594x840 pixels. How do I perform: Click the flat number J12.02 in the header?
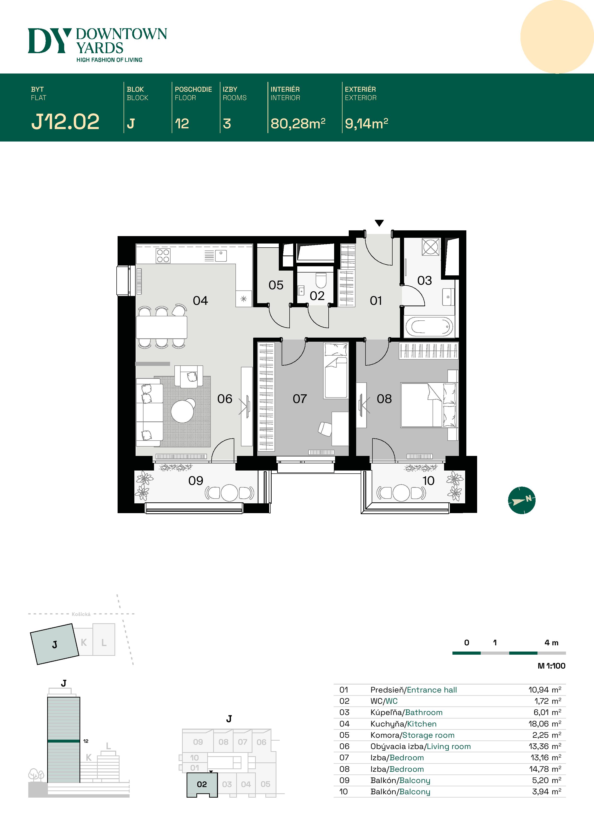click(x=65, y=122)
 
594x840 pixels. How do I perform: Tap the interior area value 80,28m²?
click(x=297, y=124)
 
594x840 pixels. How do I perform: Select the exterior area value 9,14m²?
click(x=366, y=124)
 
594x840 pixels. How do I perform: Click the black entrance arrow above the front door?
click(x=379, y=223)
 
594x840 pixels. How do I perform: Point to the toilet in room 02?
click(x=321, y=281)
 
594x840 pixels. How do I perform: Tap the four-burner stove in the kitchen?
click(x=163, y=256)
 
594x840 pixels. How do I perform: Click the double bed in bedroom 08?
click(x=428, y=405)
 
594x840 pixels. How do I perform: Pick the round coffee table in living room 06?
click(x=182, y=411)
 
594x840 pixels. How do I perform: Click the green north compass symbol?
click(x=521, y=500)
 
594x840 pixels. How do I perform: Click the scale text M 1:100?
click(x=551, y=666)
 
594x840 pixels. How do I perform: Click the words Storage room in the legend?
click(x=428, y=735)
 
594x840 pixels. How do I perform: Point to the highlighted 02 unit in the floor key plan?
click(x=202, y=784)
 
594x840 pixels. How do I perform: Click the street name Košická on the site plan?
click(x=81, y=614)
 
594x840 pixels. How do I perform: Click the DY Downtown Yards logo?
click(x=97, y=44)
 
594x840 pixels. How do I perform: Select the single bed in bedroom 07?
click(x=336, y=371)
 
